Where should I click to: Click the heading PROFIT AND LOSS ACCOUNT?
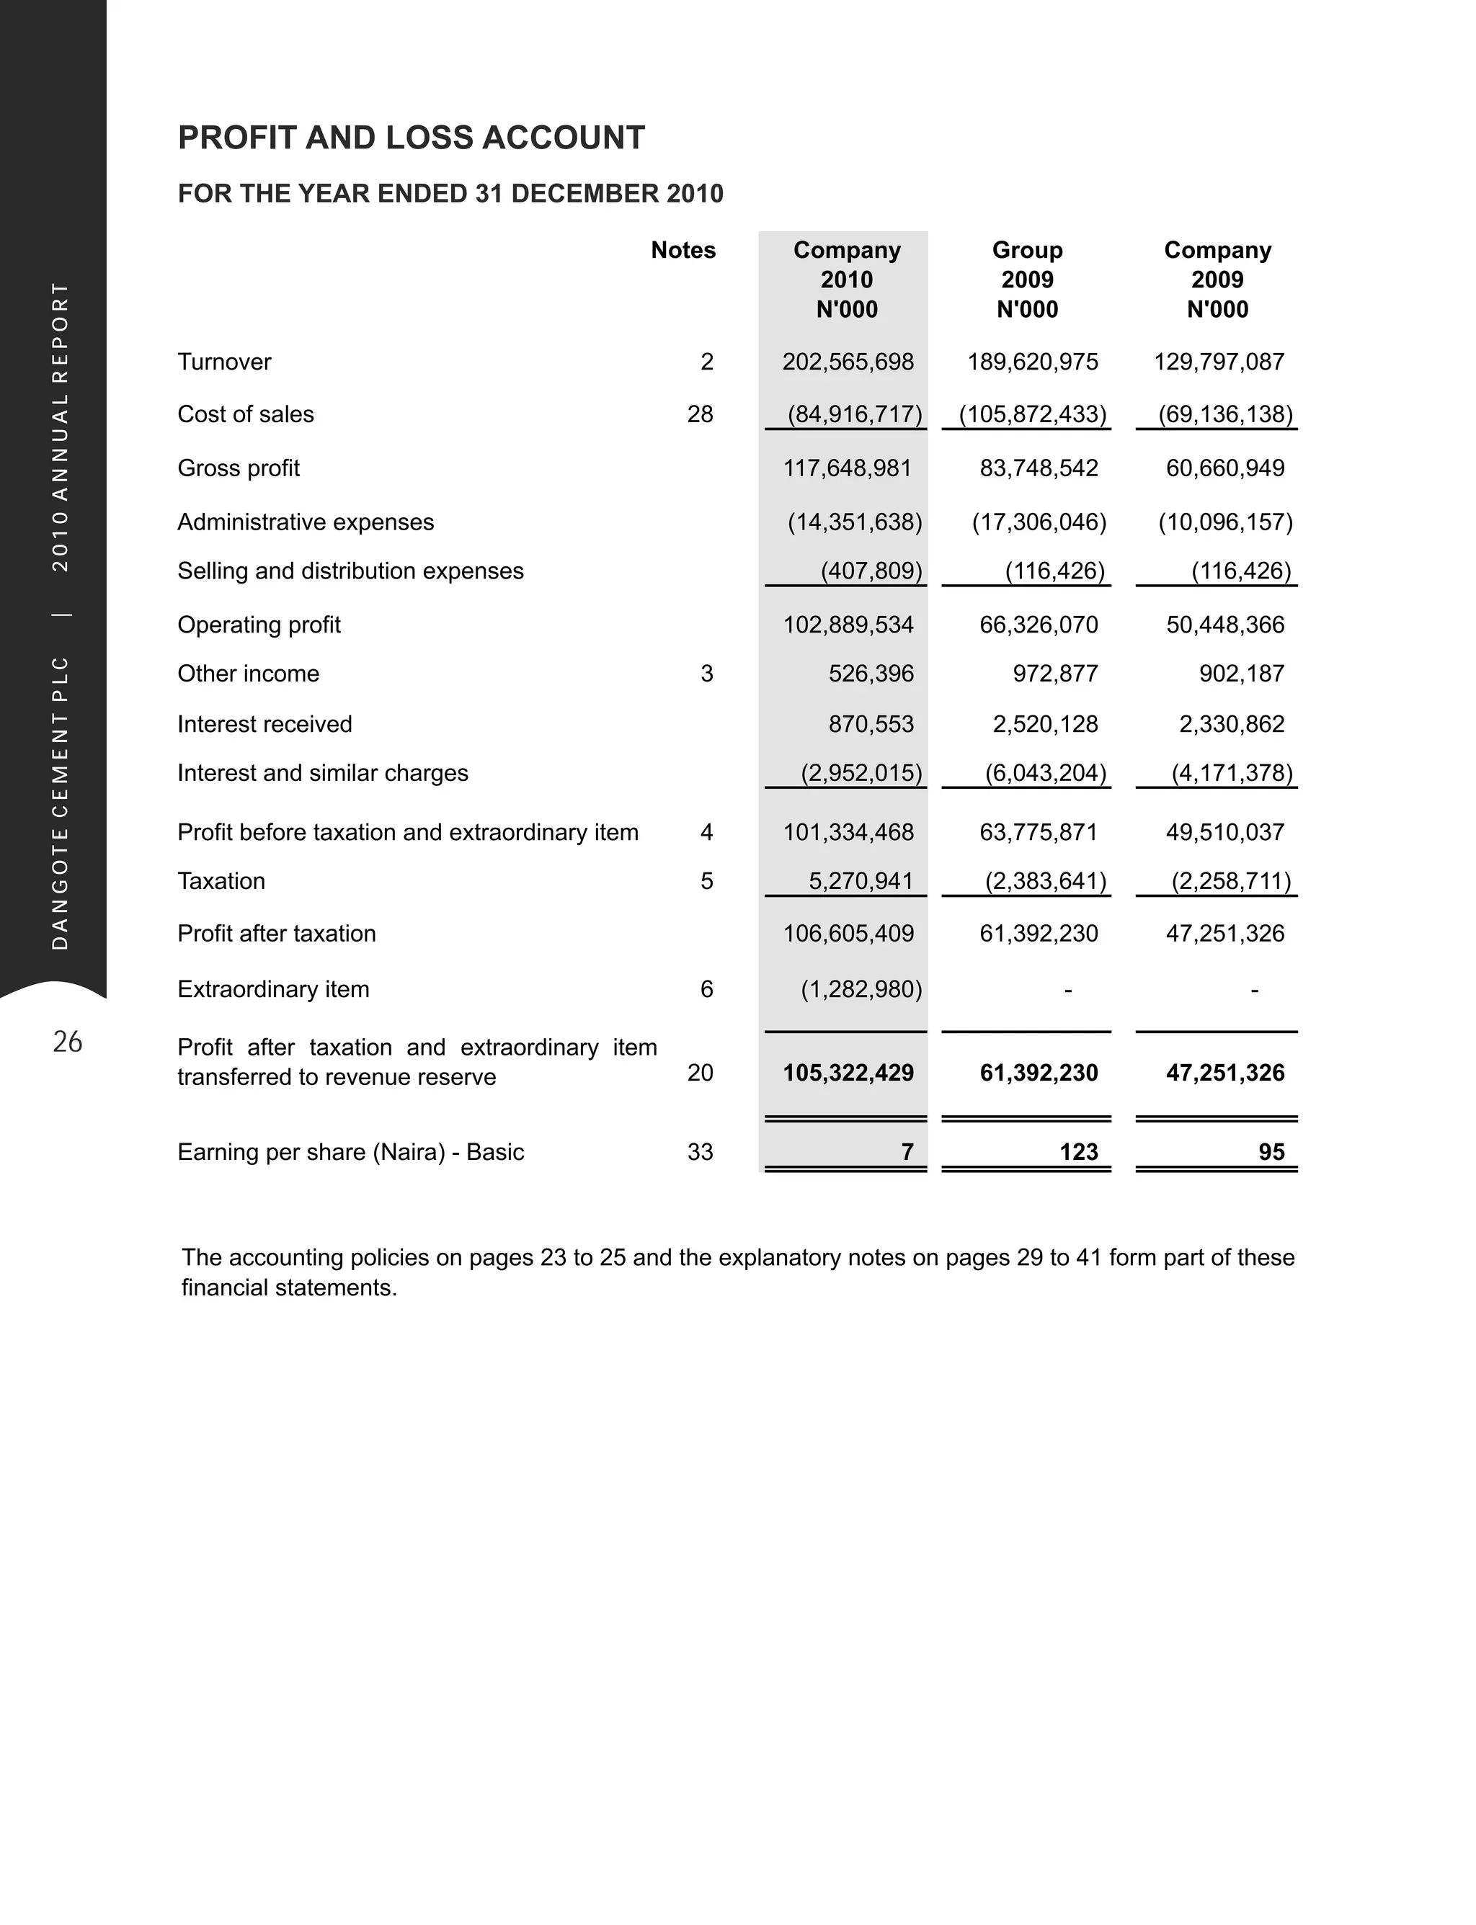[412, 138]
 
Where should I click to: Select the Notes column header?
[683, 250]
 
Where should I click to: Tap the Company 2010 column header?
[846, 280]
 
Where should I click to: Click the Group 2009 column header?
[1027, 280]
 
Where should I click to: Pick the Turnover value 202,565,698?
[848, 362]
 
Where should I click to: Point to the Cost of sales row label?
[245, 414]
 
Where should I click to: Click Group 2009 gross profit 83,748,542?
[1039, 468]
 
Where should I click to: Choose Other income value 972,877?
[1054, 674]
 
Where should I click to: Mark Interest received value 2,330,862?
[1231, 725]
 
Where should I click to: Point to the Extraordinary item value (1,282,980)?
[860, 990]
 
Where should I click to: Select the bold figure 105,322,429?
[848, 1073]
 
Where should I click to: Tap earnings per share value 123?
[1078, 1152]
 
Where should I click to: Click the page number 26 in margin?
[68, 1042]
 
